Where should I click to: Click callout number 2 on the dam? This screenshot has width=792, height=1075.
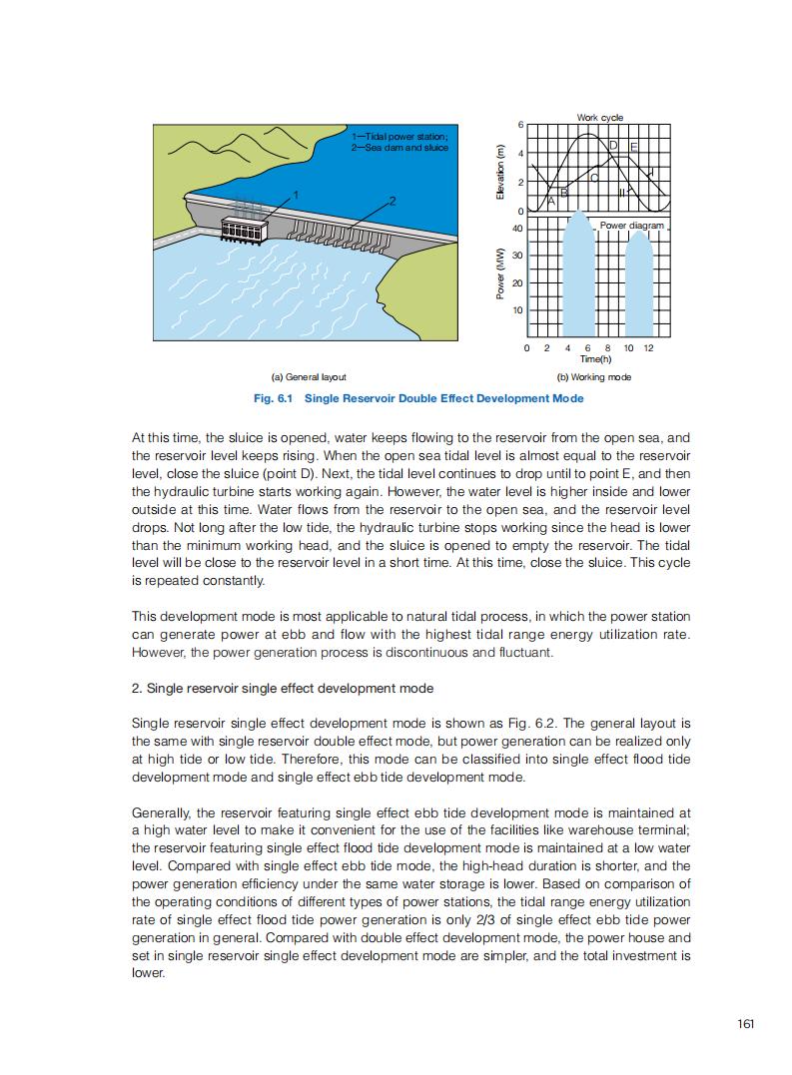click(x=394, y=202)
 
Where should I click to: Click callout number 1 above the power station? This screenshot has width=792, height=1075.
click(x=297, y=192)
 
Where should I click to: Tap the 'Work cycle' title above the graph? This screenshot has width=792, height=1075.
click(x=599, y=118)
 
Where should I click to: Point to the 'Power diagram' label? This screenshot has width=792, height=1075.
click(x=631, y=226)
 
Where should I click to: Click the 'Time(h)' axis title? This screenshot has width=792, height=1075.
click(x=596, y=359)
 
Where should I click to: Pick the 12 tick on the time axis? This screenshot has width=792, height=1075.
click(x=649, y=347)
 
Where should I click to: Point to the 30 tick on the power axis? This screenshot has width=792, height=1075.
click(x=517, y=256)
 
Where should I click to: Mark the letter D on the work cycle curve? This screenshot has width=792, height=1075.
click(x=613, y=147)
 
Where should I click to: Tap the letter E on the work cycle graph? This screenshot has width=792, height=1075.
click(x=633, y=149)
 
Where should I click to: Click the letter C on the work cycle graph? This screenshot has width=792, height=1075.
click(x=594, y=178)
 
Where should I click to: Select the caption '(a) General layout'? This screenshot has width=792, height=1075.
click(x=309, y=377)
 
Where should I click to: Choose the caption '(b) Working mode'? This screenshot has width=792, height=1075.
click(x=593, y=377)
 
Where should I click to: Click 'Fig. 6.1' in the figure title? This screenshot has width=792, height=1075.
click(x=275, y=398)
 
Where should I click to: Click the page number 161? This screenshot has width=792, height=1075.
click(x=745, y=1023)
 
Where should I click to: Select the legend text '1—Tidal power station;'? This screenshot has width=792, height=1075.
click(x=399, y=136)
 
